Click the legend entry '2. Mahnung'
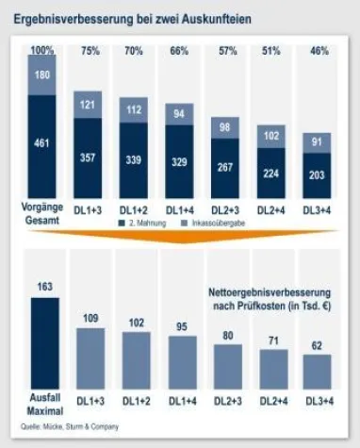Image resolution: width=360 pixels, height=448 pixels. pyautogui.click(x=146, y=222)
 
